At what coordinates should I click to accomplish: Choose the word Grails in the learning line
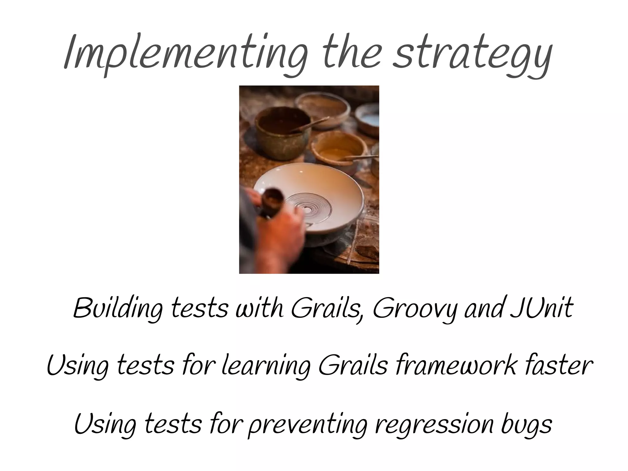pyautogui.click(x=353, y=365)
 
